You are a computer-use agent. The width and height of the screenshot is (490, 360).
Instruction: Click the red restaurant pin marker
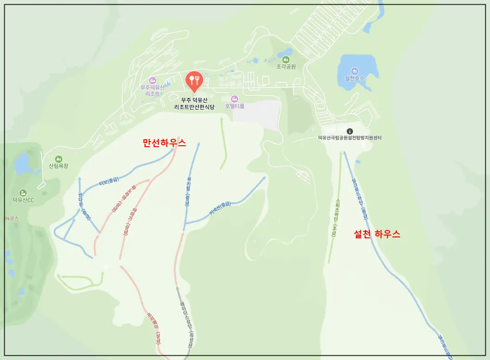[194, 81]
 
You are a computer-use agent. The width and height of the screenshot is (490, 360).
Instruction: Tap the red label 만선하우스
[164, 143]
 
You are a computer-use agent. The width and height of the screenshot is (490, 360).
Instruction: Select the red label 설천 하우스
[377, 234]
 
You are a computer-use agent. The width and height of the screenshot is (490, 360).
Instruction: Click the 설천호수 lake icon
[355, 70]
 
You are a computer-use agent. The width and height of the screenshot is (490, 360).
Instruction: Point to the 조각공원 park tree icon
[285, 59]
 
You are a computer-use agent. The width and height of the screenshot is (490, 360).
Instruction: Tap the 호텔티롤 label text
[235, 106]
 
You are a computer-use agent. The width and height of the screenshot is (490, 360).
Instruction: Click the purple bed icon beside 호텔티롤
[234, 99]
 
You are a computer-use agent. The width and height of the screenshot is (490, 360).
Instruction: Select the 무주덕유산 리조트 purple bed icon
[152, 81]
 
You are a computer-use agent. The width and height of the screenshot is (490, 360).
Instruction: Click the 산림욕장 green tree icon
[58, 159]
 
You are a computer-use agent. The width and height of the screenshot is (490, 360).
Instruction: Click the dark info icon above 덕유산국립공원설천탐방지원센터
[350, 131]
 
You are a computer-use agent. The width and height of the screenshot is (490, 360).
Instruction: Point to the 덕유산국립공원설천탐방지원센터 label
[350, 138]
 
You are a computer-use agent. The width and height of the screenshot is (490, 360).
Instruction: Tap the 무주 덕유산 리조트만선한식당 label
[194, 103]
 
